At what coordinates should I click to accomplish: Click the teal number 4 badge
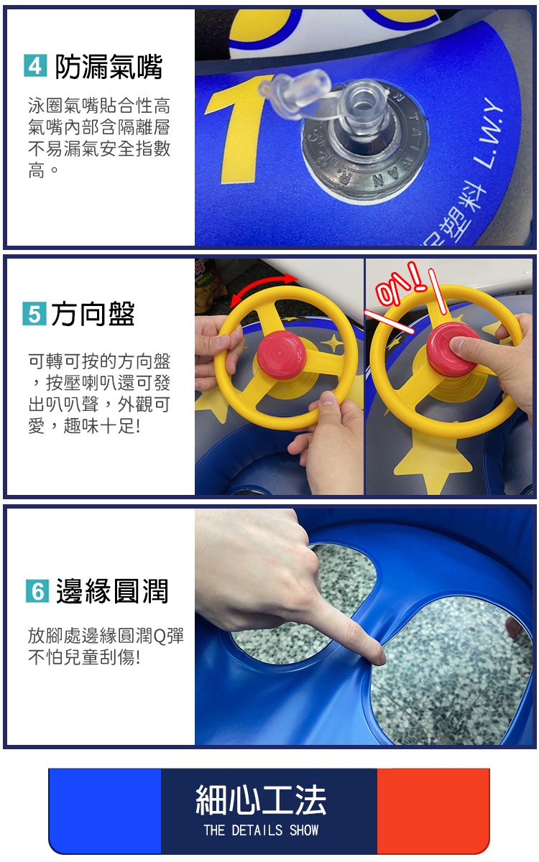point(35,66)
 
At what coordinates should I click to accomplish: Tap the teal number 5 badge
point(34,314)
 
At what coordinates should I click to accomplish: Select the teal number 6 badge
point(37,590)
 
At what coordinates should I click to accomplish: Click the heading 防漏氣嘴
point(109,66)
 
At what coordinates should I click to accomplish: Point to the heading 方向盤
point(93,314)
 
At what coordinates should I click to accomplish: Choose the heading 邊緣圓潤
point(112,591)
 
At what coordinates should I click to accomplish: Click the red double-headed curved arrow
point(263,288)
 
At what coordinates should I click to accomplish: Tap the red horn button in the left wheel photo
point(282,354)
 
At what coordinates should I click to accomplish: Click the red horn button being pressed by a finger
point(451,349)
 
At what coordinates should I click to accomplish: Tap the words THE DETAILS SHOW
point(261,830)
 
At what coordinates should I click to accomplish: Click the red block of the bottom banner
point(433,811)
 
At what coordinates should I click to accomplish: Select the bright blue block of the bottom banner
point(105,811)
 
